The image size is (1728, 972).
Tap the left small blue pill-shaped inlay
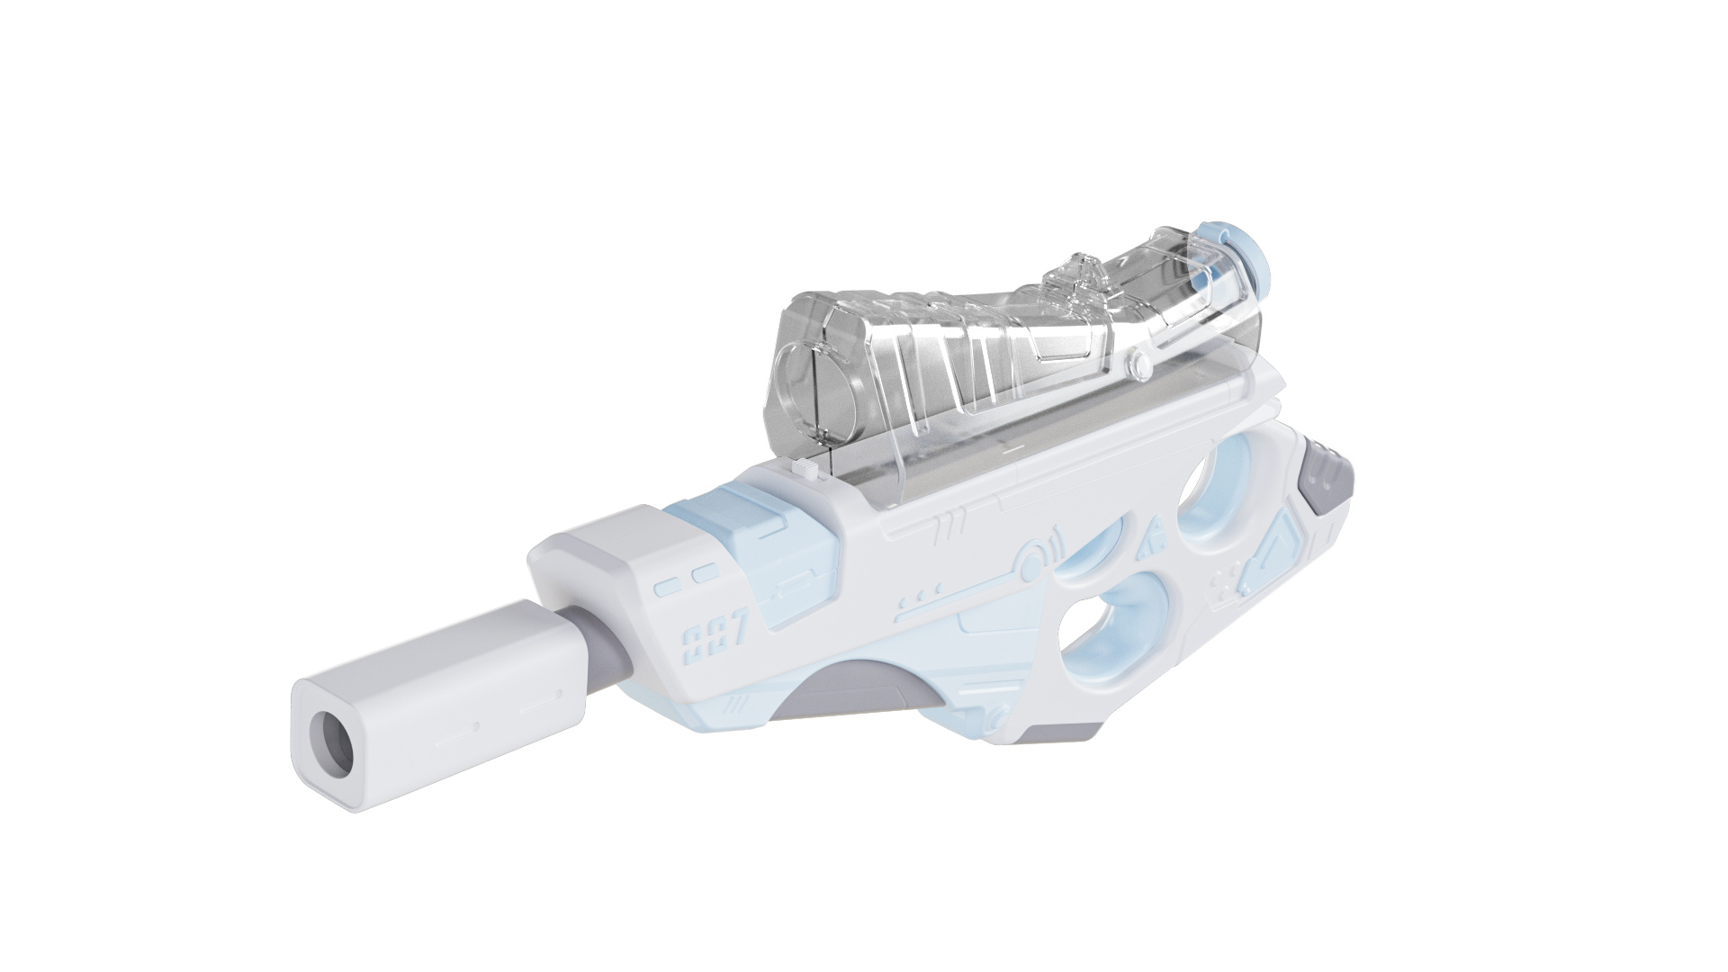[x=667, y=588]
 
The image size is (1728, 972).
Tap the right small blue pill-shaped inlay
[x=705, y=573]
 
